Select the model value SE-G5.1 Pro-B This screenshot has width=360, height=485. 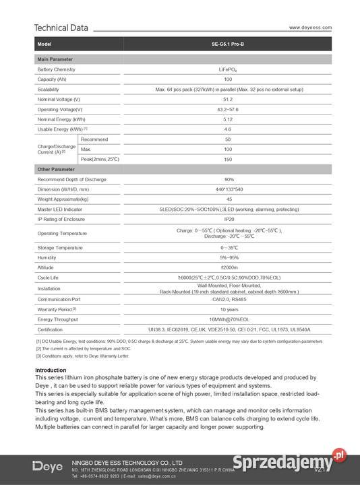point(228,44)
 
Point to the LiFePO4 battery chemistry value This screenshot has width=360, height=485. point(228,70)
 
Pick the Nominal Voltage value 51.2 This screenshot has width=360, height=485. point(228,99)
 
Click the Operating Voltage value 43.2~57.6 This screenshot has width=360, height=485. point(228,109)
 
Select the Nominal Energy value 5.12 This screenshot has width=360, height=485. point(228,119)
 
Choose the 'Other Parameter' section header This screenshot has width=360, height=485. point(57,169)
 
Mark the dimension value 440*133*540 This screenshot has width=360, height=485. point(228,189)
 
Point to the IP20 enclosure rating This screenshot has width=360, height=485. point(228,220)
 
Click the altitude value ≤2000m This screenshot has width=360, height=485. point(228,267)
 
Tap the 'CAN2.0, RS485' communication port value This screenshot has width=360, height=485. point(228,299)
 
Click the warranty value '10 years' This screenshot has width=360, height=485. point(228,309)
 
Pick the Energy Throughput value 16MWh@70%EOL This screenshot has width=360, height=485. point(228,319)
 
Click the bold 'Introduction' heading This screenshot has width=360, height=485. point(51,370)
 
